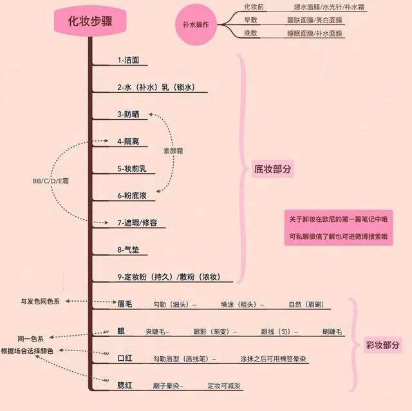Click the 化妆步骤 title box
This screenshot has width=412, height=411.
click(90, 21)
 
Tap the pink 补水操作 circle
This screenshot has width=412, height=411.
click(196, 24)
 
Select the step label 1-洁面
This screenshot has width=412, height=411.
click(128, 60)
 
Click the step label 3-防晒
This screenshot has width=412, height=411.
click(128, 114)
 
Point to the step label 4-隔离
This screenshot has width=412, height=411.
click(128, 142)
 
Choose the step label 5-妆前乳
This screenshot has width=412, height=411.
click(132, 169)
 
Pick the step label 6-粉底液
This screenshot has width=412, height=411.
click(132, 196)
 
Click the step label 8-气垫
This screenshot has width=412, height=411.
click(128, 250)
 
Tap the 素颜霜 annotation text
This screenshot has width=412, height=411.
click(173, 151)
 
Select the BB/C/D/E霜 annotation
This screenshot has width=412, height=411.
click(51, 181)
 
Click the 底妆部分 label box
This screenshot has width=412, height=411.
click(273, 169)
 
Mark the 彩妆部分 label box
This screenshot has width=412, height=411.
click(383, 345)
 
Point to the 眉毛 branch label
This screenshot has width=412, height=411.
click(125, 304)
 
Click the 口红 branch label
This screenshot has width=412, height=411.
click(125, 358)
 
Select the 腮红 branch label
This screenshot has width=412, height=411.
click(125, 385)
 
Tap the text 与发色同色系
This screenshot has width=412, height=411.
click(40, 302)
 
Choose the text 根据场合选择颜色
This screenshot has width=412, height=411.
click(27, 351)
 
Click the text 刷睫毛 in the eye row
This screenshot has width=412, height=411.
click(332, 332)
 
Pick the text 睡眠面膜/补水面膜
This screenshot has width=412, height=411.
click(315, 33)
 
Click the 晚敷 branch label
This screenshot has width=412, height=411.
click(250, 33)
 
